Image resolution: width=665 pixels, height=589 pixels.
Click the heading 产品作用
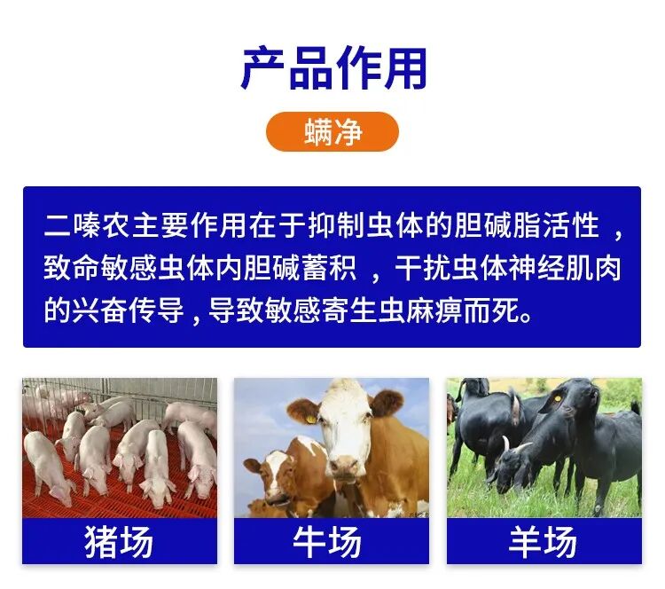point(332,68)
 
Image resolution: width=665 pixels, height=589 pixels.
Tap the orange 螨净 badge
point(332,132)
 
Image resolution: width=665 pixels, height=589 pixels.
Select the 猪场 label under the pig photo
point(119,541)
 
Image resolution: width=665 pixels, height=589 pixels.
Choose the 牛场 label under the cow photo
point(332,541)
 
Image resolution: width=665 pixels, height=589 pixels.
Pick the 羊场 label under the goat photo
point(544,541)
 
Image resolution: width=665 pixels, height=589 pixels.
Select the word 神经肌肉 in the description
point(571,268)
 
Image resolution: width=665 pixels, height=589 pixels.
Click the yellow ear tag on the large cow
point(312,413)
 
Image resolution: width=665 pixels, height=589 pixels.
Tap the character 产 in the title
point(262,68)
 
